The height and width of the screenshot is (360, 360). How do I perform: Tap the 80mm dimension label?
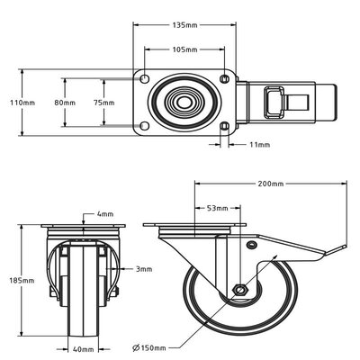click(x=65, y=103)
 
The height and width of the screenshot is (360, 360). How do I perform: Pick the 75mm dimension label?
click(x=104, y=103)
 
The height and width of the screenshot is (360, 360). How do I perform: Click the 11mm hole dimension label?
click(x=259, y=144)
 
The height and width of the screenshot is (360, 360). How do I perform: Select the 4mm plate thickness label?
click(x=106, y=214)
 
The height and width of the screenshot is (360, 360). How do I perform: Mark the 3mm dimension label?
click(x=143, y=268)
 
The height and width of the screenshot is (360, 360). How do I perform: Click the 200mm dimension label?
click(x=270, y=184)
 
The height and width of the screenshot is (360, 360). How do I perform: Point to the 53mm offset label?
click(x=217, y=207)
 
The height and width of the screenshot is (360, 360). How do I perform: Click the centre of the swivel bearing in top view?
click(x=184, y=103)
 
